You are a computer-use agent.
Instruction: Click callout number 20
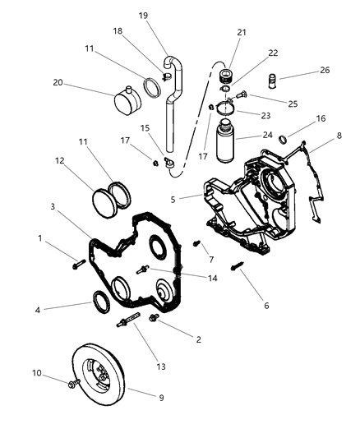click(x=58, y=82)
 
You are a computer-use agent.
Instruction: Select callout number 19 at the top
click(x=143, y=15)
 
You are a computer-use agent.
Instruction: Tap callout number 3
click(x=52, y=206)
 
